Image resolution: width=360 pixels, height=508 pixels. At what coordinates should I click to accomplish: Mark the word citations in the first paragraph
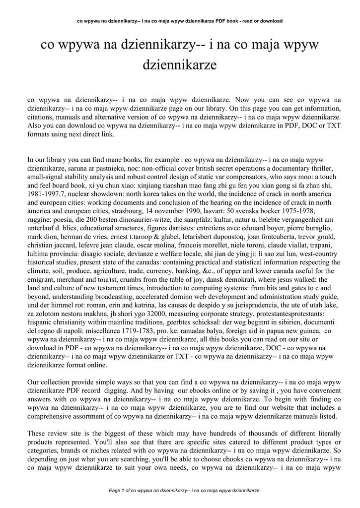[x=43, y=117]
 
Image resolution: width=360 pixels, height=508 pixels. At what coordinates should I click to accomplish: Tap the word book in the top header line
[x=225, y=21]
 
